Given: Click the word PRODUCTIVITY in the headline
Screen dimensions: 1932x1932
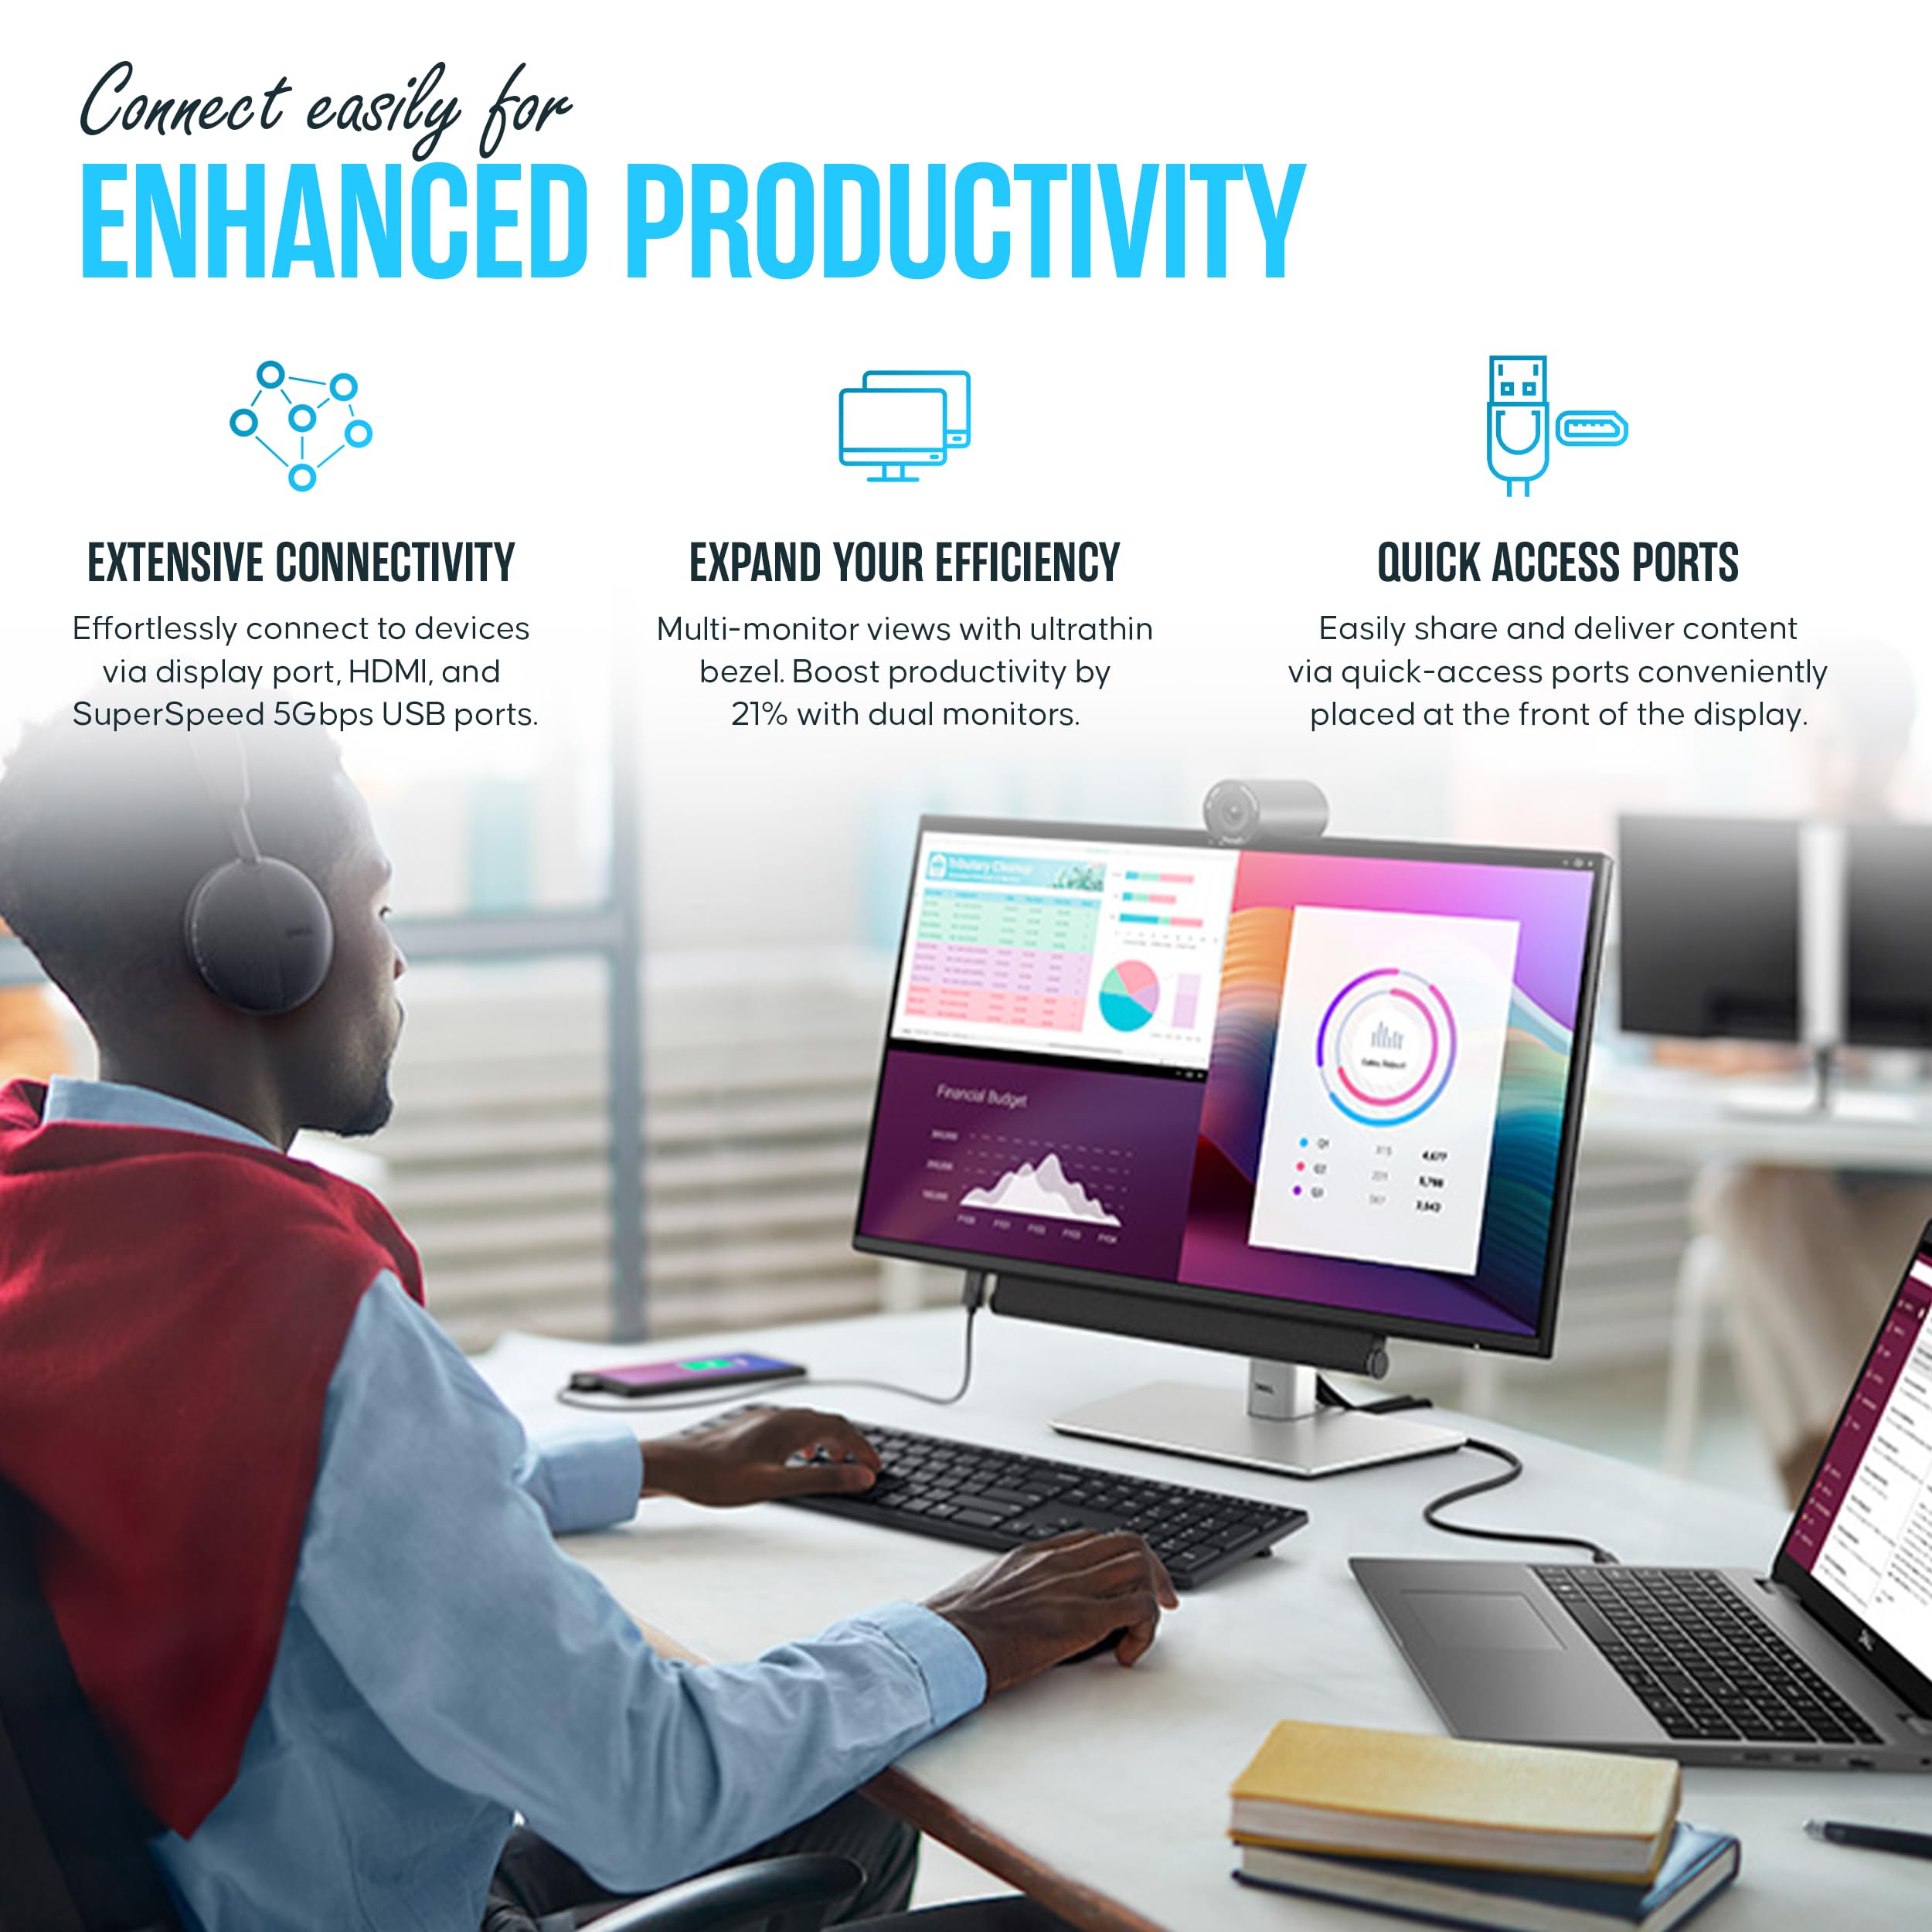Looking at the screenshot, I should pyautogui.click(x=966, y=221).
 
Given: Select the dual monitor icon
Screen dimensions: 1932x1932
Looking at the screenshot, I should pyautogui.click(x=904, y=425).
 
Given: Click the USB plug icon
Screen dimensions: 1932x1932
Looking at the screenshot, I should pyautogui.click(x=1517, y=425).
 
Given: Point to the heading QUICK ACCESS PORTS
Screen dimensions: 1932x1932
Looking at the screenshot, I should pyautogui.click(x=1557, y=563).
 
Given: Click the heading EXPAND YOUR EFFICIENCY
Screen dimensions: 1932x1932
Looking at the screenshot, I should pyautogui.click(x=904, y=563).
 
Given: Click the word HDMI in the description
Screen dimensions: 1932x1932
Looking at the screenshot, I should pyautogui.click(x=389, y=671).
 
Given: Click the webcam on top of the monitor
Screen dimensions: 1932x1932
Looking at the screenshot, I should pyautogui.click(x=1264, y=810).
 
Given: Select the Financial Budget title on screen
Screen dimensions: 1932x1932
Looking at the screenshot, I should pyautogui.click(x=981, y=1097).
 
